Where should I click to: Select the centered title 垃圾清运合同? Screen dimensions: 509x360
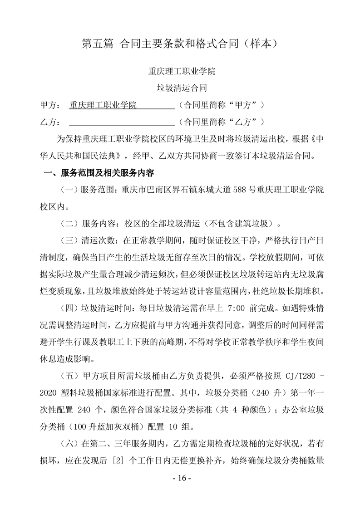click(180, 88)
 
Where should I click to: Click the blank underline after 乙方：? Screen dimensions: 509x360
click(121, 122)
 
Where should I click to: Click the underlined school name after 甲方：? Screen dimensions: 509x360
click(103, 105)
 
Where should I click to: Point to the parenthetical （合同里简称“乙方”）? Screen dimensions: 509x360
click(222, 122)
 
